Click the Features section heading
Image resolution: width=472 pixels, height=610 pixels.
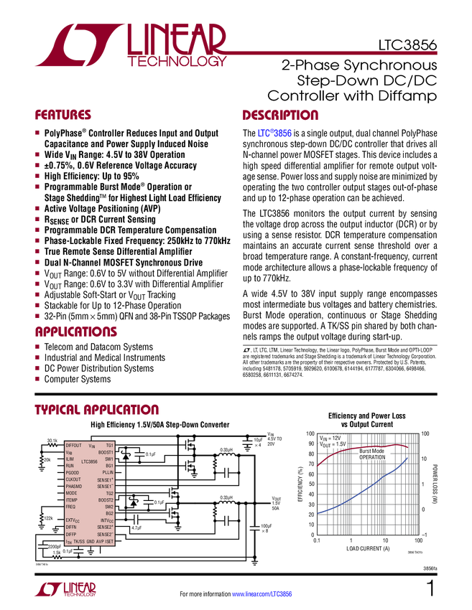point(63,115)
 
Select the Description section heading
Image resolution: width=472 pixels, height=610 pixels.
point(280,115)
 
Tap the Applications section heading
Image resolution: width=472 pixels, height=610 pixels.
point(76,332)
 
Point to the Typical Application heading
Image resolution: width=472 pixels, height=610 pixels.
point(97,410)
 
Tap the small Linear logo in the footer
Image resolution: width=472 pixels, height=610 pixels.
point(65,589)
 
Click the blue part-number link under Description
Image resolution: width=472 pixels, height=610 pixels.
point(275,133)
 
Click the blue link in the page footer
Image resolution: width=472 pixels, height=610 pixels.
point(263,594)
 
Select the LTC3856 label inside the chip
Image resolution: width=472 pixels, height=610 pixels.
point(89,462)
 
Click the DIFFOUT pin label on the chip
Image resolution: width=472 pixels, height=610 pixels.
point(73,446)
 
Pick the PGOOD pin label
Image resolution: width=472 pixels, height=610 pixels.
point(72,473)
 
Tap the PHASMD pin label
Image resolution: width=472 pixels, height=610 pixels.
point(74,487)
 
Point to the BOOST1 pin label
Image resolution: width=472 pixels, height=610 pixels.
point(106,453)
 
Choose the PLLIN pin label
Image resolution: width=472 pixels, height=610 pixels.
point(108,473)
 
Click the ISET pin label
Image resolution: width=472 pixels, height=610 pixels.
point(110,542)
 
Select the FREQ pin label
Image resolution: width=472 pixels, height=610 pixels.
point(70,507)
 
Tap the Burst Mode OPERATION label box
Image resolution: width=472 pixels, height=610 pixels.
point(373,454)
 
